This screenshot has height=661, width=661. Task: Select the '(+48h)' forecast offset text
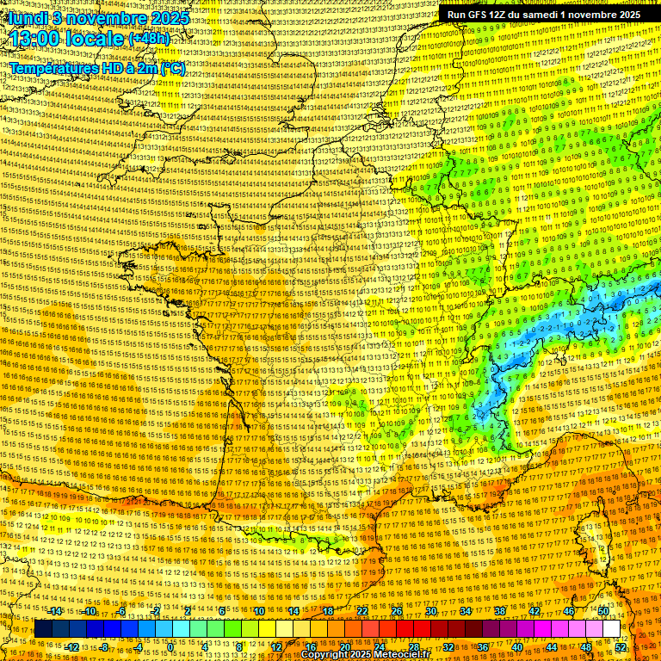(149, 39)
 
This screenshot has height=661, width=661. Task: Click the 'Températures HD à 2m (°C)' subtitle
(97, 68)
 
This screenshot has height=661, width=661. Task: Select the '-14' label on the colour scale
(55, 611)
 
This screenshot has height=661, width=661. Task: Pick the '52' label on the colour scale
(621, 647)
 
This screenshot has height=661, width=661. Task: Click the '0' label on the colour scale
(171, 647)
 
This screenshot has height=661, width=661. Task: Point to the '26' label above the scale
(397, 611)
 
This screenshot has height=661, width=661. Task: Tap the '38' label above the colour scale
(500, 611)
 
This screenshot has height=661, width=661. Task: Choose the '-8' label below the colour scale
(103, 647)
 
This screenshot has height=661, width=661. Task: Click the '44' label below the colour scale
(552, 647)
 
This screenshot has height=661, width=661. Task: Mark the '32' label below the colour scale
(448, 647)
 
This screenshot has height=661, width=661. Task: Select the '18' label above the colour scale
(328, 611)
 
